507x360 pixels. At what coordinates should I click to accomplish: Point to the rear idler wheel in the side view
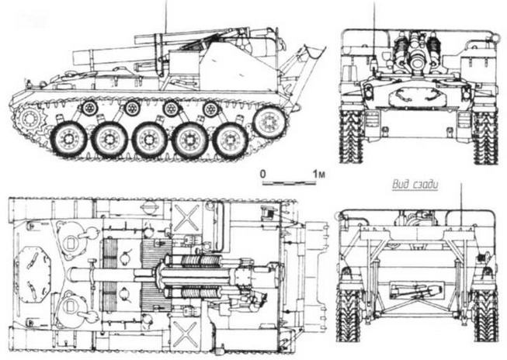click(x=269, y=122)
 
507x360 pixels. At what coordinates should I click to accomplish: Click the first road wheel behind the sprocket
click(x=68, y=140)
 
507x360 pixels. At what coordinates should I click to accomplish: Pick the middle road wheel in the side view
click(x=149, y=140)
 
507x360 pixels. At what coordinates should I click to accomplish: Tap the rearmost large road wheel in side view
click(x=230, y=140)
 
